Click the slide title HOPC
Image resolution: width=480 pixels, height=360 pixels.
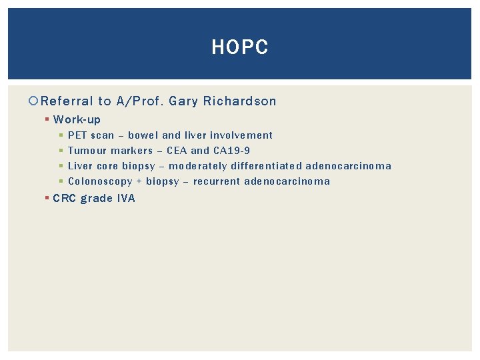pos(239,47)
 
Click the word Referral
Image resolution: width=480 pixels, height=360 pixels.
pos(67,101)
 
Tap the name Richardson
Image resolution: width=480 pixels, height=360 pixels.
pos(240,101)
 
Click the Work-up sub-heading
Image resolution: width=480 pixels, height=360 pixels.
pos(77,120)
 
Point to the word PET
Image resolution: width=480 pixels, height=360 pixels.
pos(78,135)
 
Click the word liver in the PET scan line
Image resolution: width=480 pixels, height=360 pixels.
pos(195,135)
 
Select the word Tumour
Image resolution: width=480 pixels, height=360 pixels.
pos(87,151)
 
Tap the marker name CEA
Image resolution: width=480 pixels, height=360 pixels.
pos(177,151)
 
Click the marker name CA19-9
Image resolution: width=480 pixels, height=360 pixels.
pos(232,151)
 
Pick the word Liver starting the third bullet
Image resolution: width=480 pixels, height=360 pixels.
pos(81,166)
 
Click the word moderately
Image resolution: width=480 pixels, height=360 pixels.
pos(198,166)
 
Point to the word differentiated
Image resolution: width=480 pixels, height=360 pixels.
pos(266,166)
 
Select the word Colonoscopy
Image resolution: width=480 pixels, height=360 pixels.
pos(100,181)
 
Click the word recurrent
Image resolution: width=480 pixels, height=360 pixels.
pos(217,181)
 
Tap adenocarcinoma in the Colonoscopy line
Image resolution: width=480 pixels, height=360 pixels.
pos(287,181)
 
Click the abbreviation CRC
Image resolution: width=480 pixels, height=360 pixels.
pos(65,198)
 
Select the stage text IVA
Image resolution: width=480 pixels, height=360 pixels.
pos(125,198)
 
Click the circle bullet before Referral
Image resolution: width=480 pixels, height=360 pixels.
pos(34,101)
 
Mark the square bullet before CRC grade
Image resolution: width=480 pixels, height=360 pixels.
pos(47,198)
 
